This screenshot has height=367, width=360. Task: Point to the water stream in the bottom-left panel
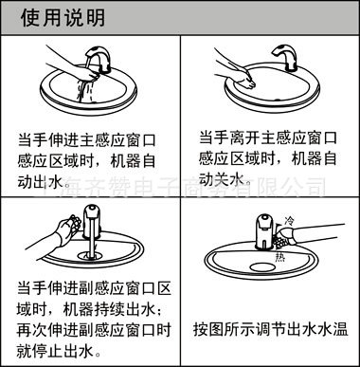[93, 254]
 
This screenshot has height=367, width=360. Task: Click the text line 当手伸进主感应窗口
[83, 138]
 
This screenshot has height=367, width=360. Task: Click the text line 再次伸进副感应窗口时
[83, 330]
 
